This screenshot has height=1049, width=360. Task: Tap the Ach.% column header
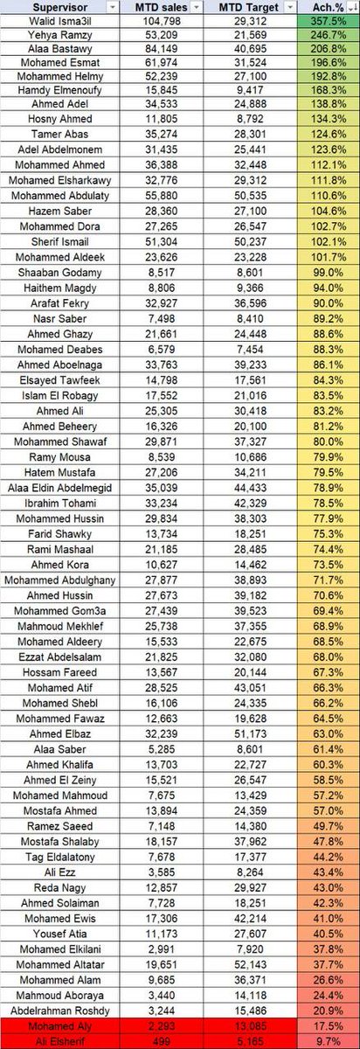326,7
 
